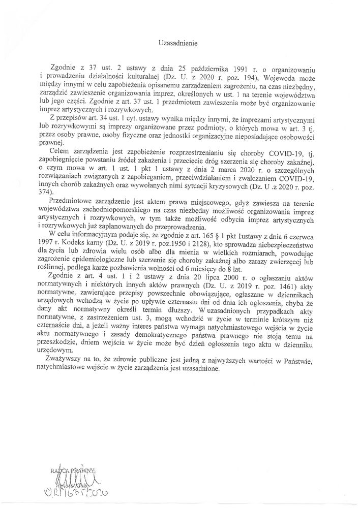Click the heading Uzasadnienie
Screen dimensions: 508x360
(x=180, y=44)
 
